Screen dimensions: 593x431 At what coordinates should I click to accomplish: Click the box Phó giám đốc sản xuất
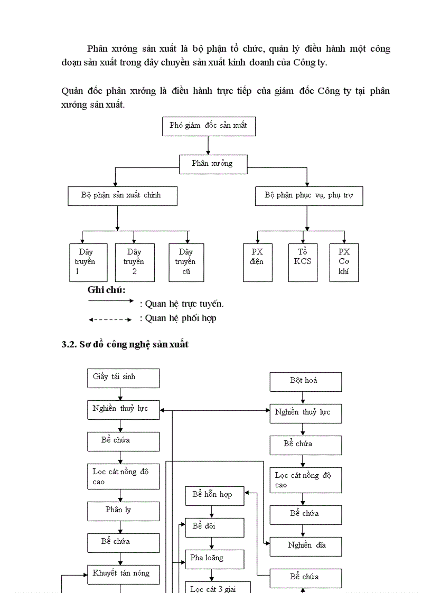209,126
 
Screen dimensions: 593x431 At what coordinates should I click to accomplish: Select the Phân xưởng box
213,164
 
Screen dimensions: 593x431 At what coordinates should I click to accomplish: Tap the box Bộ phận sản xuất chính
122,195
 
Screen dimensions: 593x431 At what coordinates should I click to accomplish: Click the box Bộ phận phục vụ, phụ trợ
308,195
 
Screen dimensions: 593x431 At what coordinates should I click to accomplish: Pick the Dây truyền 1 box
88,262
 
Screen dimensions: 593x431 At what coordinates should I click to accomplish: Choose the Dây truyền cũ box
186,262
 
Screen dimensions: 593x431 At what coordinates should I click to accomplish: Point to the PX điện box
257,262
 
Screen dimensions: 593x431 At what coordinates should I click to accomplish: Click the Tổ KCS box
303,262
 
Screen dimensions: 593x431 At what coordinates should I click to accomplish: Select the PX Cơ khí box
344,262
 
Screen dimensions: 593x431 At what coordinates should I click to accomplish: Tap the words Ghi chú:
106,290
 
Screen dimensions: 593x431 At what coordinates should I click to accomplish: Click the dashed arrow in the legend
110,319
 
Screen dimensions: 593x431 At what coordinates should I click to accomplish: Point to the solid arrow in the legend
111,301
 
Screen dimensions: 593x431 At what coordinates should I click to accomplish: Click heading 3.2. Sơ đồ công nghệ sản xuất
125,344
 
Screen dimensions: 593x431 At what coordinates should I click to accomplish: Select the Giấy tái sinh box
123,378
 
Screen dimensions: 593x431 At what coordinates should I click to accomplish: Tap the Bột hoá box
305,381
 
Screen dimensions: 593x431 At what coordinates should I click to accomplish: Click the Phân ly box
123,511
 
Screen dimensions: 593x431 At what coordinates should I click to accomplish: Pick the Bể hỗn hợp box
214,495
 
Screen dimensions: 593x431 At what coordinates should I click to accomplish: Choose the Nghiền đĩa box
305,546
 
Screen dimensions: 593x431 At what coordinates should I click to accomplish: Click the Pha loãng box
214,559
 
